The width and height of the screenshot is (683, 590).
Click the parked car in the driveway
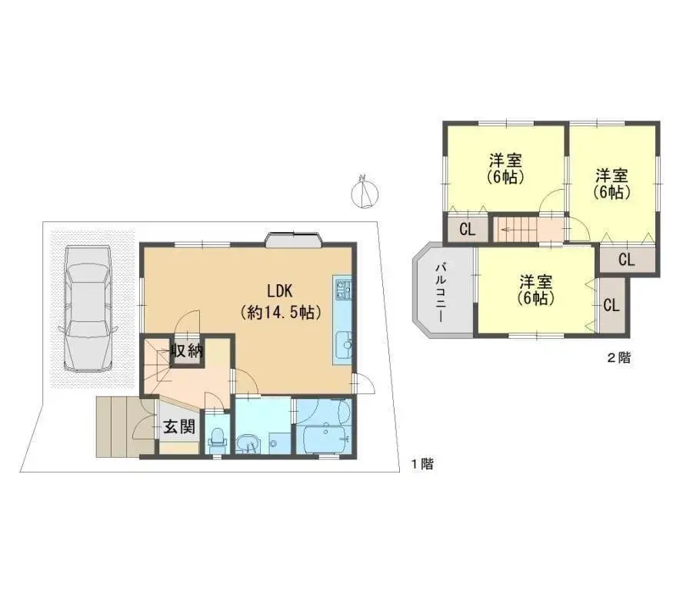click(x=89, y=307)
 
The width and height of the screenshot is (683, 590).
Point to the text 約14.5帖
click(x=280, y=313)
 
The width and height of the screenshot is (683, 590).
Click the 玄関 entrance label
click(x=178, y=427)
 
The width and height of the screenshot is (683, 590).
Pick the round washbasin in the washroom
click(x=248, y=443)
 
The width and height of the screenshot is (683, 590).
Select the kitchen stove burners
click(x=342, y=290)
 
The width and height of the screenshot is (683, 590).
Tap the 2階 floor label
click(x=618, y=358)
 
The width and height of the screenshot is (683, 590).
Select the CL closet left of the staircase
click(x=467, y=229)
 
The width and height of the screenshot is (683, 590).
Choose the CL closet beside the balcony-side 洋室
click(x=611, y=305)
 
